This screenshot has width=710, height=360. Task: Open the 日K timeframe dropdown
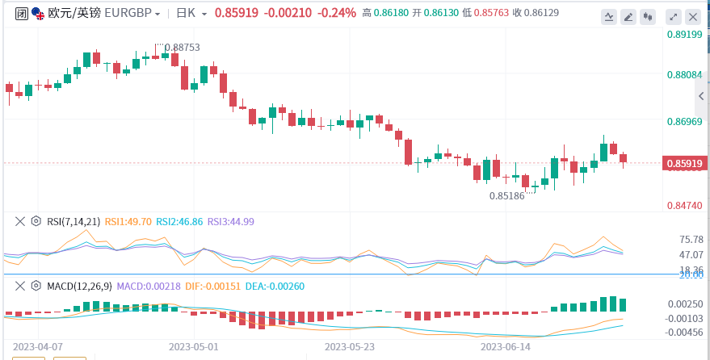coord(192,14)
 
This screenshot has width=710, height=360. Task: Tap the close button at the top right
coord(691,15)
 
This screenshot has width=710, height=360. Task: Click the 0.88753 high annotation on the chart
coord(182,48)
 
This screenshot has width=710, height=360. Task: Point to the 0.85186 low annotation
coord(507,195)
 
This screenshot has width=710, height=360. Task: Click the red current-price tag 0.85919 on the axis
coord(685,164)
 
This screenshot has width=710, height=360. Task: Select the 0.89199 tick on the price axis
coord(683,34)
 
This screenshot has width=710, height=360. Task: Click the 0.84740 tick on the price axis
coord(683,206)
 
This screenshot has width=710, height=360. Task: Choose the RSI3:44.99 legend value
coord(231,221)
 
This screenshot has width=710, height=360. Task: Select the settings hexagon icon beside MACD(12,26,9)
coord(36,286)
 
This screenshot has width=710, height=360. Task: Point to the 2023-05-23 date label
coord(350,346)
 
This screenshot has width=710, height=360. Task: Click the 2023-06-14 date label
coord(506,346)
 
